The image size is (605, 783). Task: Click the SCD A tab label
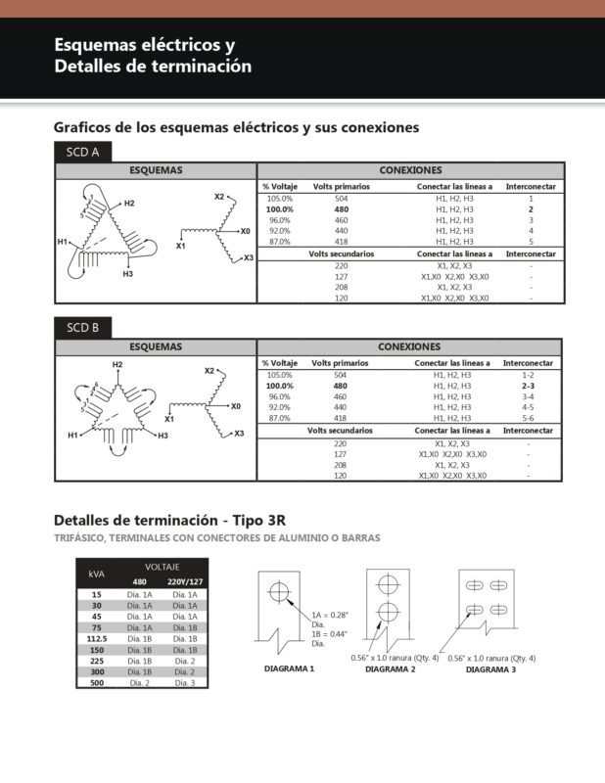(x=82, y=152)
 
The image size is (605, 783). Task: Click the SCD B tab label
(x=82, y=328)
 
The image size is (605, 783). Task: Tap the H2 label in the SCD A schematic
(x=129, y=203)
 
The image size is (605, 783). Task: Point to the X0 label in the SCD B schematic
(x=235, y=405)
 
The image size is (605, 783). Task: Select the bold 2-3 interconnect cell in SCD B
(x=528, y=386)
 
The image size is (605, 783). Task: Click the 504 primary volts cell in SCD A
(x=342, y=199)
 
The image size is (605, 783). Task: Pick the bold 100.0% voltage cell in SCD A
(x=280, y=209)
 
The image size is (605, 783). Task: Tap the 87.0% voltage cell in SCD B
(x=279, y=418)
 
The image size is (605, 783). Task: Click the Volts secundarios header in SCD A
(x=342, y=253)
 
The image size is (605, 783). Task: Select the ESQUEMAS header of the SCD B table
(x=156, y=346)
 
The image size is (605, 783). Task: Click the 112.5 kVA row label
(x=96, y=638)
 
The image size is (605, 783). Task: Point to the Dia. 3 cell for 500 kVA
(x=184, y=682)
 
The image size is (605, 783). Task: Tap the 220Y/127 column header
(x=184, y=581)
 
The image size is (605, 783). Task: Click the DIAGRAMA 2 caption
(x=391, y=669)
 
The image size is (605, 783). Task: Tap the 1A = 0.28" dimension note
(x=331, y=615)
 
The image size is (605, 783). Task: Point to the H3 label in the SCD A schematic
(x=128, y=274)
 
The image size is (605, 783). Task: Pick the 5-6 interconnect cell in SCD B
(x=528, y=418)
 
